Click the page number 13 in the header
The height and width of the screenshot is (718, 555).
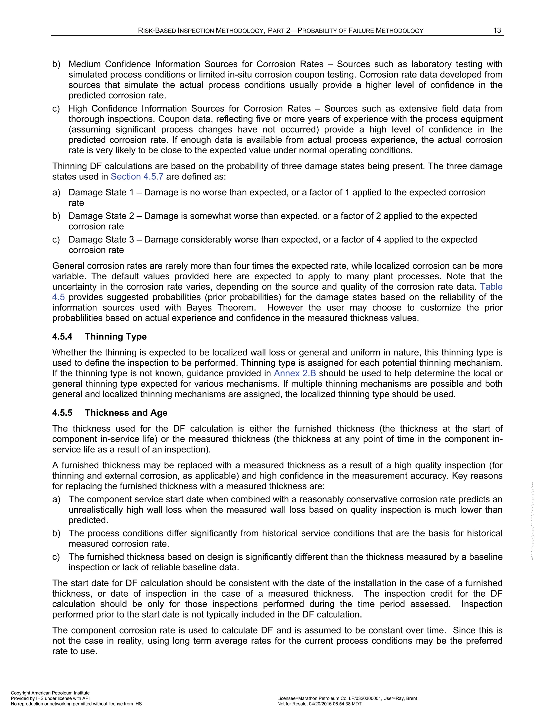tap(497, 31)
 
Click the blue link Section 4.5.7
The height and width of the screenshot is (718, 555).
tap(137, 177)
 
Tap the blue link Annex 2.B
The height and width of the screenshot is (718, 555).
tap(295, 373)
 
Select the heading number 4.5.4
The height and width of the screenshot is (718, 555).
tap(62, 337)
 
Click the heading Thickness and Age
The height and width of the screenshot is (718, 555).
tap(126, 413)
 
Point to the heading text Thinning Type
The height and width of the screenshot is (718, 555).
tap(116, 337)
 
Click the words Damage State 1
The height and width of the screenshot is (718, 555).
tap(101, 192)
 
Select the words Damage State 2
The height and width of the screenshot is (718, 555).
tap(101, 216)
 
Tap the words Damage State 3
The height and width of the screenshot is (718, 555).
tap(101, 240)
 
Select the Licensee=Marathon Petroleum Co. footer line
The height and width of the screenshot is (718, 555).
tap(347, 698)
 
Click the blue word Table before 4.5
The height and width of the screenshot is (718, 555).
tap(491, 287)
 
